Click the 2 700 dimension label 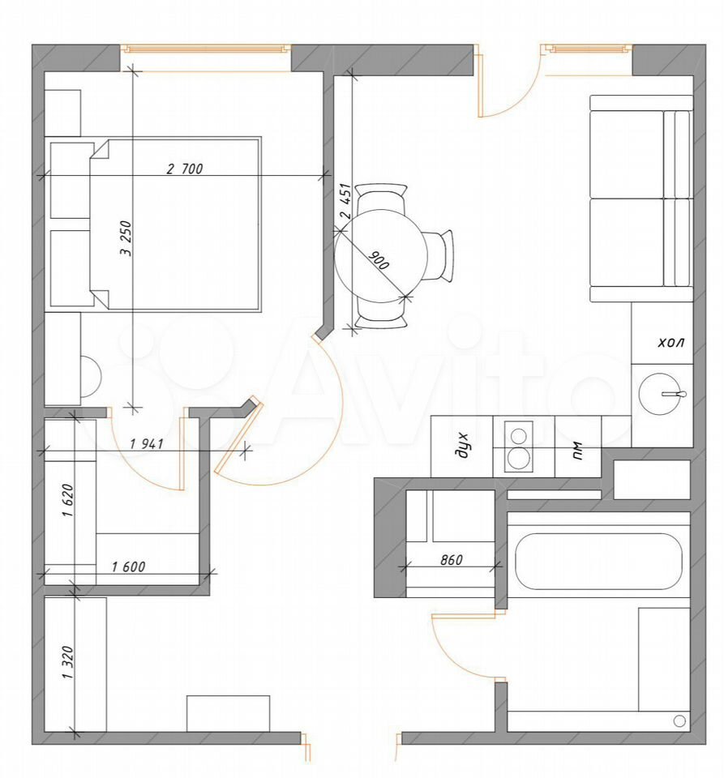coord(185,169)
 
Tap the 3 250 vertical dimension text coord(126,238)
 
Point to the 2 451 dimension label coord(345,201)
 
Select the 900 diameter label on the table coord(379,260)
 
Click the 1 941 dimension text coord(147,443)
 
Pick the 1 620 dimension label coord(67,500)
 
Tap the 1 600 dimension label coord(128,566)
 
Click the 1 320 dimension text coord(67,662)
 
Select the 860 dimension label coord(452,560)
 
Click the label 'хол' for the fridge coord(671,342)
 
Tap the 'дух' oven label coord(462,446)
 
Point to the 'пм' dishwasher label coord(577,451)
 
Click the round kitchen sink coord(659,394)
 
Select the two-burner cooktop coord(519,446)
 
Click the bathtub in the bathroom coord(598,562)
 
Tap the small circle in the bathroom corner coord(679,721)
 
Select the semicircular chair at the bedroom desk coord(91,377)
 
